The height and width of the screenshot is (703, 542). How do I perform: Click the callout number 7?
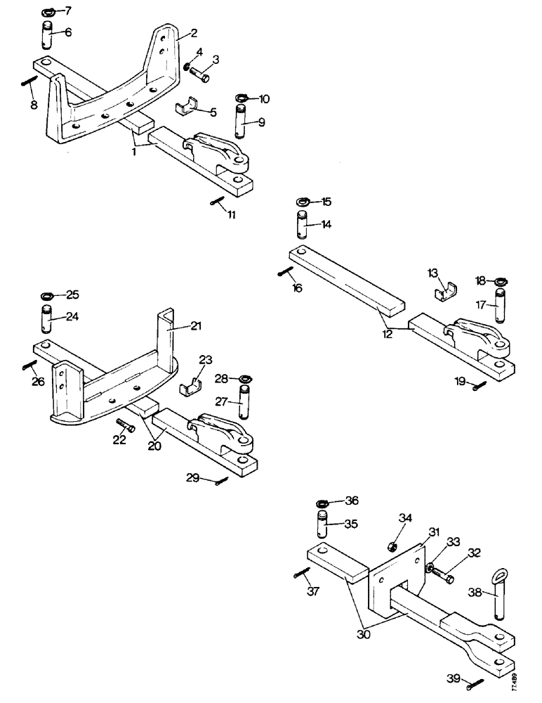(68, 11)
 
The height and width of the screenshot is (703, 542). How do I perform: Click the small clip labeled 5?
(185, 109)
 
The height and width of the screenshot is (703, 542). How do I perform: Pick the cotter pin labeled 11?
(217, 202)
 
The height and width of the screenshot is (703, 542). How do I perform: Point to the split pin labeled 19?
(480, 386)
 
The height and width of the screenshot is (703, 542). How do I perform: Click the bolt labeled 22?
(127, 426)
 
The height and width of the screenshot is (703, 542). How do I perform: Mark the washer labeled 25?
(50, 293)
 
